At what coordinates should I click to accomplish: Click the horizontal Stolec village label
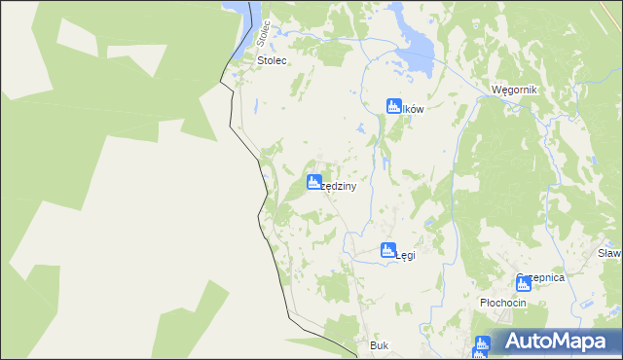[273, 60]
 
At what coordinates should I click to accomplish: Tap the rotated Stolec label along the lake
[261, 32]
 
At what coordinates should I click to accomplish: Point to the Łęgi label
[406, 256]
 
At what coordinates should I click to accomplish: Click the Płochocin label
[503, 303]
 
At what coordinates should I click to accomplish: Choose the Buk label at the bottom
[379, 345]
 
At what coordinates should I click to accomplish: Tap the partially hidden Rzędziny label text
[334, 186]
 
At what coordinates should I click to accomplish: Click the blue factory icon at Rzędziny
[314, 182]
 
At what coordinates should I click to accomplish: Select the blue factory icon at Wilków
[394, 106]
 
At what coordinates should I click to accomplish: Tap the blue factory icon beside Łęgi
[387, 250]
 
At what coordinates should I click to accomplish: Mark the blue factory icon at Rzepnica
[524, 282]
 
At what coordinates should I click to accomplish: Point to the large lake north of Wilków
[416, 51]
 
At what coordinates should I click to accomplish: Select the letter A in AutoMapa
[517, 342]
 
